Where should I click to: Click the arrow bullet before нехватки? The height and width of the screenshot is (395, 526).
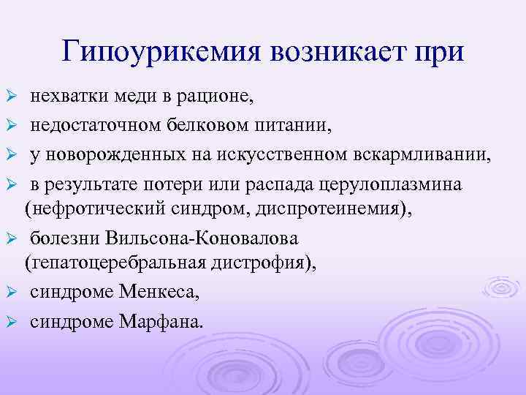click(x=11, y=97)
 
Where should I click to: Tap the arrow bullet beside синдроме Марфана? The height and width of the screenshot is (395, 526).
click(x=11, y=323)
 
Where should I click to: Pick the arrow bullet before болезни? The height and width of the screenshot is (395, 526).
click(x=11, y=238)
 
